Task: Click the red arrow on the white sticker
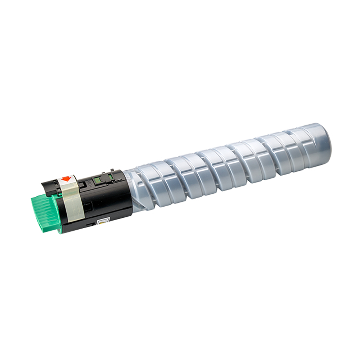66,179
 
